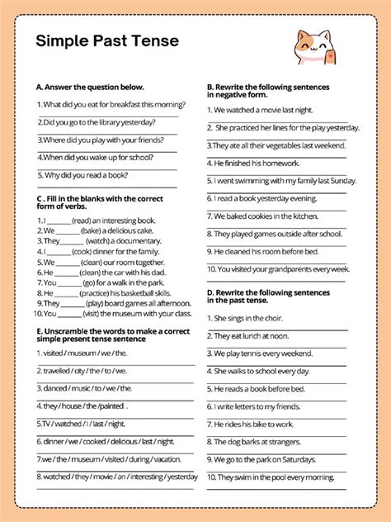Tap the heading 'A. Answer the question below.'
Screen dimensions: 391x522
click(x=90, y=86)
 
